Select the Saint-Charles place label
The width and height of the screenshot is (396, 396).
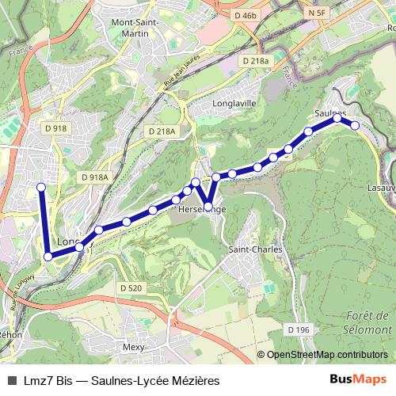point(255,249)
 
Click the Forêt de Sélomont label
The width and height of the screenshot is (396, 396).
point(369,322)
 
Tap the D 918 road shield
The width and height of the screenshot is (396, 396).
point(56,128)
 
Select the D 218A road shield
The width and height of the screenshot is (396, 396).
point(162,131)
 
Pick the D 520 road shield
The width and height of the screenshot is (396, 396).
point(131,287)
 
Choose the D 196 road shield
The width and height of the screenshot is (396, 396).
point(299,329)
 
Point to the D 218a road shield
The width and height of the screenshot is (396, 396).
point(257,61)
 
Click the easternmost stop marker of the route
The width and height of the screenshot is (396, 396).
point(355,125)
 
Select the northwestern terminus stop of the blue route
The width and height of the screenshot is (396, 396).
point(41,187)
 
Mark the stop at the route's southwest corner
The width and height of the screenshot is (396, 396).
point(48,257)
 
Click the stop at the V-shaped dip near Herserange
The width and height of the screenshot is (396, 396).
point(208,208)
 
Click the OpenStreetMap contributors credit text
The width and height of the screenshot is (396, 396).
point(326,355)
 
